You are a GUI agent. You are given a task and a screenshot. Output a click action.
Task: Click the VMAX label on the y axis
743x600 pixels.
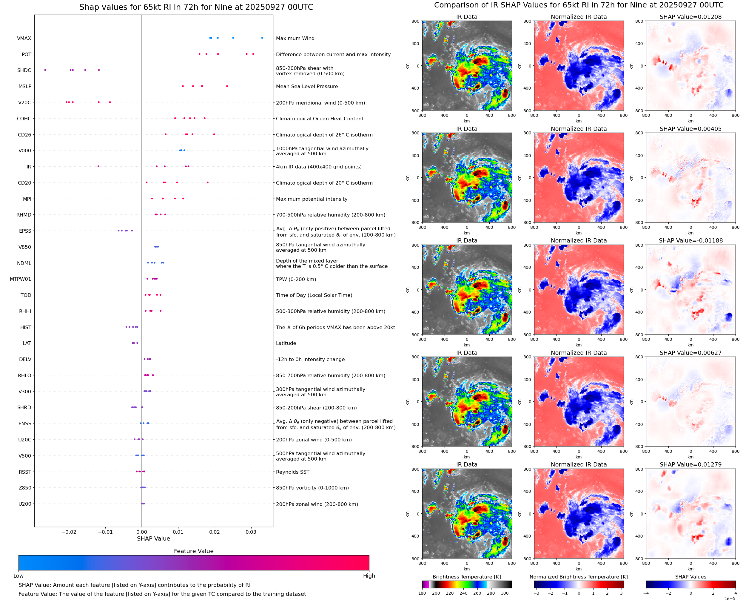(24, 38)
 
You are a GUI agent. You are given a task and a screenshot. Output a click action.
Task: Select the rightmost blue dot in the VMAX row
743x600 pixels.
(262, 38)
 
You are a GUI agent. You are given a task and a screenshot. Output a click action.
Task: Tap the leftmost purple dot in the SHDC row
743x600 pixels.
(45, 70)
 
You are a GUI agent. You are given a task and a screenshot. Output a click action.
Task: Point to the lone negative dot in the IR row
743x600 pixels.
(98, 167)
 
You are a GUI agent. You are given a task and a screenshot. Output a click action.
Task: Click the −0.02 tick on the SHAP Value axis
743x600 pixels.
(69, 532)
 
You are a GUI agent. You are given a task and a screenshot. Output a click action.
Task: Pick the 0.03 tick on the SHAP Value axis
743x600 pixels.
(251, 532)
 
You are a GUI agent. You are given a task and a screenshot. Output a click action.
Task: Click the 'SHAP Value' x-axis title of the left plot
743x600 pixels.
(153, 538)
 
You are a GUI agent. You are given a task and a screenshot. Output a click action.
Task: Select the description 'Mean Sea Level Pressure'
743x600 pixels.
(306, 86)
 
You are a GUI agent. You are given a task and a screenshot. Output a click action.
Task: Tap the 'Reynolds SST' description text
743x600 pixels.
(292, 472)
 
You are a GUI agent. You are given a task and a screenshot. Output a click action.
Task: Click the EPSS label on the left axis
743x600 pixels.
(25, 231)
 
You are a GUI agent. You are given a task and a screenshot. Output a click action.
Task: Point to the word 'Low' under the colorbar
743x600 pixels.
(18, 576)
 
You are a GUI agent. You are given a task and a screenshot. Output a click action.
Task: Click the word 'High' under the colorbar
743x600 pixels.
(369, 576)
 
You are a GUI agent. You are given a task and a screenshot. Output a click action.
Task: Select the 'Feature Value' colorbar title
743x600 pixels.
(193, 551)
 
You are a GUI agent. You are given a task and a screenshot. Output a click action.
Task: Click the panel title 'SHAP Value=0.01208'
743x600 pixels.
(690, 17)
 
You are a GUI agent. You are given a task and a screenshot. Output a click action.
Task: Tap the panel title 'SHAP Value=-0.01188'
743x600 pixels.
(690, 240)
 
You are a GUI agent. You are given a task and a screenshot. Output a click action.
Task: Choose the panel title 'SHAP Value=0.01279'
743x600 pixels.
(690, 464)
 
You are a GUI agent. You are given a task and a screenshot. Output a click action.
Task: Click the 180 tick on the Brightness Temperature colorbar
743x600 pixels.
(422, 593)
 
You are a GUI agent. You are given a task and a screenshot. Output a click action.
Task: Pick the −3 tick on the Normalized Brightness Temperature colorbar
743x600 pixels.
(536, 593)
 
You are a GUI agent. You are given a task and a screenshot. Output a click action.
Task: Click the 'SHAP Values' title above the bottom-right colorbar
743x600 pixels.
(690, 577)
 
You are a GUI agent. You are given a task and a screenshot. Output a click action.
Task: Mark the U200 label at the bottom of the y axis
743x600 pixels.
(24, 504)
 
